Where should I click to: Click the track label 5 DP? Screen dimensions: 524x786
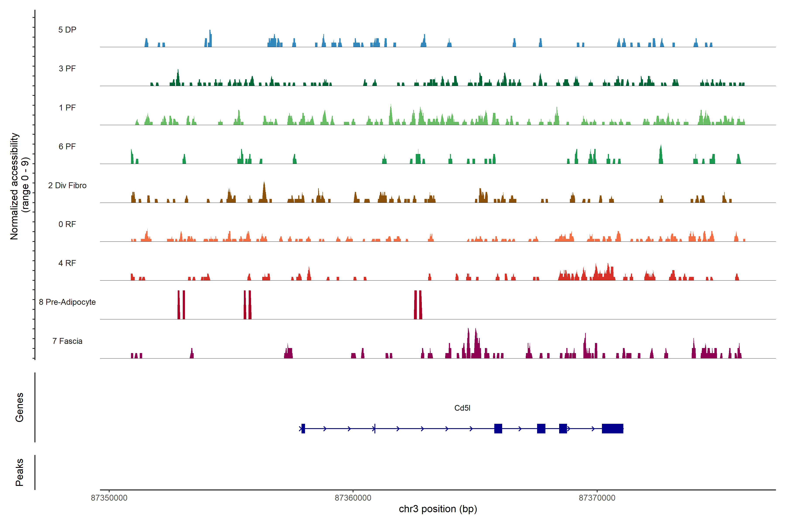click(67, 30)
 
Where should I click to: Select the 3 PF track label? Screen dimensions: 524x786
click(67, 69)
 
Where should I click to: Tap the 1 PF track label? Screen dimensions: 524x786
click(67, 108)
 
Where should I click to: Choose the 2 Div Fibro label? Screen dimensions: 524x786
click(67, 185)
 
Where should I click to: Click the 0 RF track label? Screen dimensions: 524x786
click(67, 224)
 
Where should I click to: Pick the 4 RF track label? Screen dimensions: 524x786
click(67, 263)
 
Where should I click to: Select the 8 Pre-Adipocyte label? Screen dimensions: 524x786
click(67, 302)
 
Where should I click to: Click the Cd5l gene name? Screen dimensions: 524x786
click(462, 408)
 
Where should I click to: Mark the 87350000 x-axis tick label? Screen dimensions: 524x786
click(109, 498)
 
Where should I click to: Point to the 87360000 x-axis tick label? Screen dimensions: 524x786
click(353, 498)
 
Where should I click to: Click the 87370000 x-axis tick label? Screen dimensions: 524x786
click(597, 498)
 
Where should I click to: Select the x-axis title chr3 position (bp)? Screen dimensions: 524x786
click(438, 509)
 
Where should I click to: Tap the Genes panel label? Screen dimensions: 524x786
click(19, 407)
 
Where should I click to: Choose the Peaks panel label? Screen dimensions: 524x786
click(19, 472)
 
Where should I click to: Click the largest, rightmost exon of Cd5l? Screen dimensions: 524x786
click(612, 428)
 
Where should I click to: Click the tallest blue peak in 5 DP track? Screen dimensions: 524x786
click(210, 37)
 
